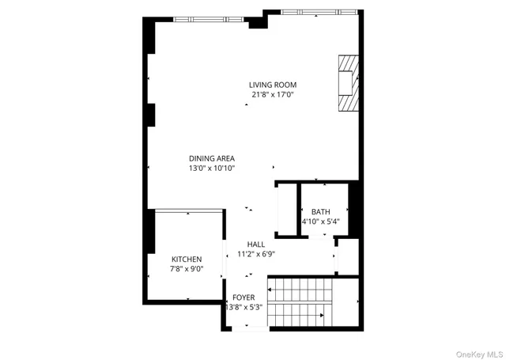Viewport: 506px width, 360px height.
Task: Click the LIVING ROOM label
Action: pos(272,85)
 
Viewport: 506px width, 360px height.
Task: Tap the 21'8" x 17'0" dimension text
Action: pos(272,95)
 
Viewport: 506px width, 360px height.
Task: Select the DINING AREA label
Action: pos(211,157)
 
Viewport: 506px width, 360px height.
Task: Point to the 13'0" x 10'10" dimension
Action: pos(211,168)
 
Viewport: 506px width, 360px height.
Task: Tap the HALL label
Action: pos(255,244)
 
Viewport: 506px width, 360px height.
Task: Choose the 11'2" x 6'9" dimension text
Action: pos(255,254)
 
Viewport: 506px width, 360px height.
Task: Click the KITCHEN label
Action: pos(187,259)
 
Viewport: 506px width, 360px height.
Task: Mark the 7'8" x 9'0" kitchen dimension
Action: pos(187,269)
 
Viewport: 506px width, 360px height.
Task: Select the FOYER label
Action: pos(244,297)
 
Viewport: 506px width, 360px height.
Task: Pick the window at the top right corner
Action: pos(316,12)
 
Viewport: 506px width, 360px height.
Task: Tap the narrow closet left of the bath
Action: pos(285,210)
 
